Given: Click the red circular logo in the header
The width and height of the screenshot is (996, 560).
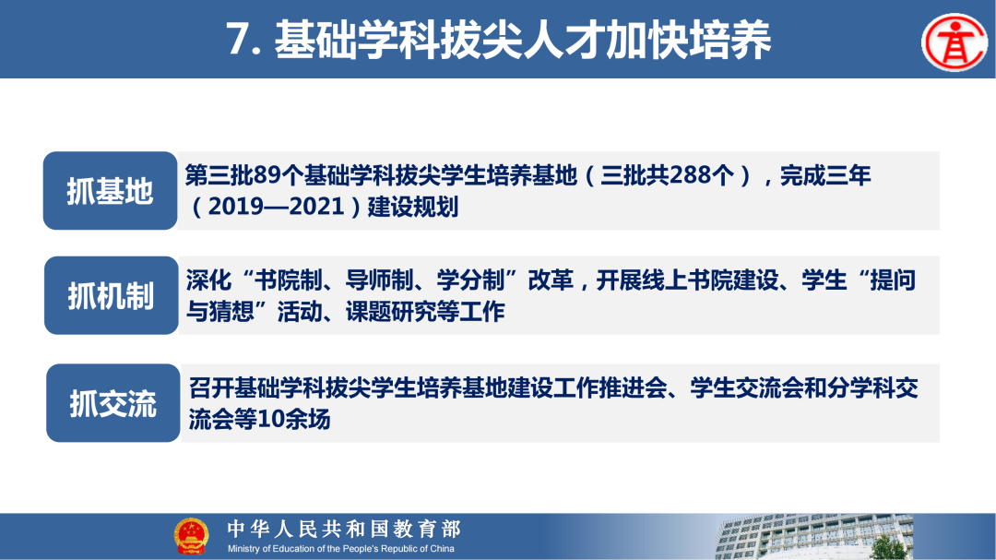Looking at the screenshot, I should pyautogui.click(x=954, y=41).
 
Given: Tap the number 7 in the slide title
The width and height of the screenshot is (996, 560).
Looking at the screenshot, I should pyautogui.click(x=239, y=41).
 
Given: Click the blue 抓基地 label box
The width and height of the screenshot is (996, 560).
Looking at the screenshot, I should pyautogui.click(x=110, y=191).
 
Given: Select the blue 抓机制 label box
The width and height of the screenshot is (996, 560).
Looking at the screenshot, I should pyautogui.click(x=111, y=296).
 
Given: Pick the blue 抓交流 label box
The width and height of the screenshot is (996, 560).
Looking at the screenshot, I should pyautogui.click(x=113, y=403).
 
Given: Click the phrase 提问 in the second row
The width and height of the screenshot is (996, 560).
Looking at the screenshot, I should pyautogui.click(x=894, y=281).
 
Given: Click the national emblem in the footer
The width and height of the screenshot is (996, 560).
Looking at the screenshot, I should pyautogui.click(x=191, y=536).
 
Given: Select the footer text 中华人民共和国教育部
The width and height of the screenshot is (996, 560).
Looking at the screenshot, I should pyautogui.click(x=343, y=529).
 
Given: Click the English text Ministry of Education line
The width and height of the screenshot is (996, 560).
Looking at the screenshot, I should pyautogui.click(x=341, y=549).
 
